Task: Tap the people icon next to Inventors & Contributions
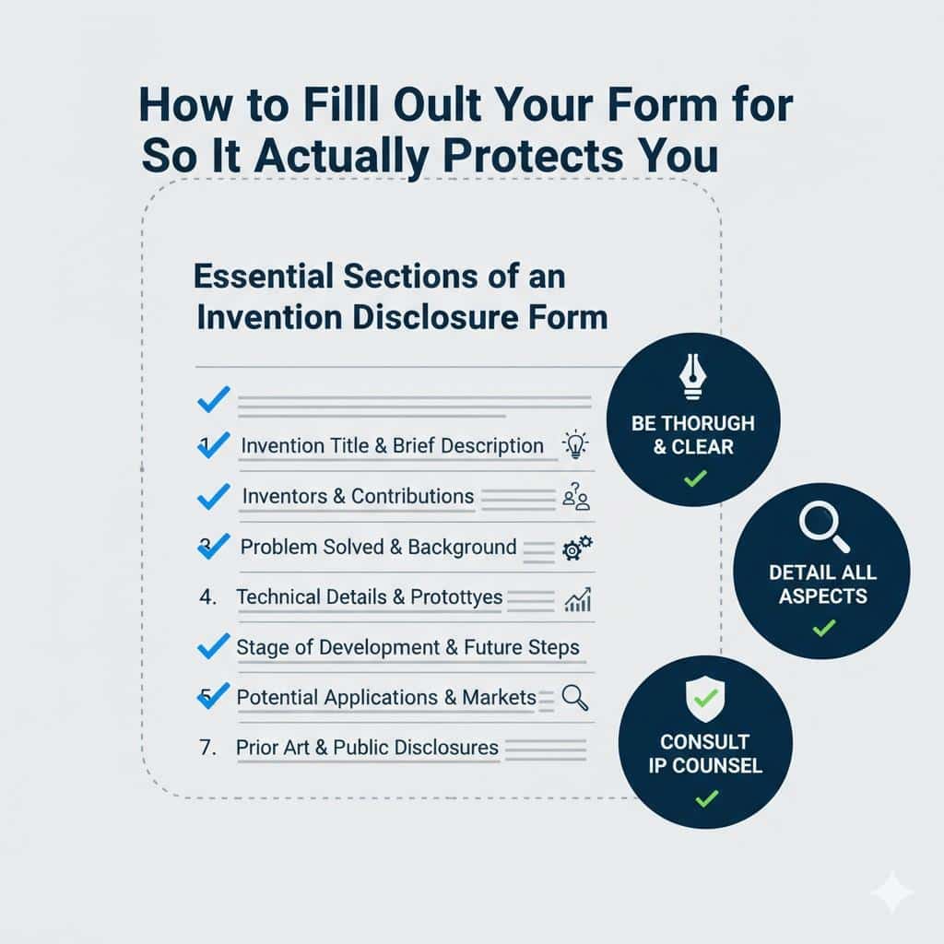point(575,498)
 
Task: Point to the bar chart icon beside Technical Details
point(577,599)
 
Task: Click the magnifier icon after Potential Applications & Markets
point(575,698)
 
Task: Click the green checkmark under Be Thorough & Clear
point(694,478)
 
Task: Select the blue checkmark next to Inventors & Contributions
point(213,497)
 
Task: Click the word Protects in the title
point(522,154)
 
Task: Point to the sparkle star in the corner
point(891,892)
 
